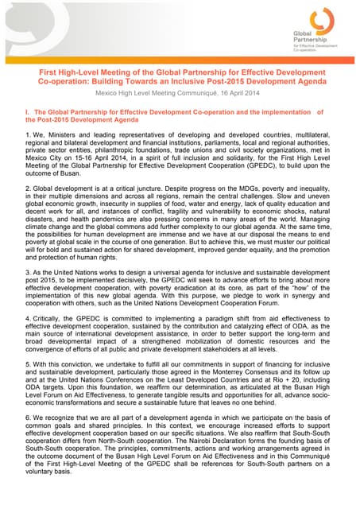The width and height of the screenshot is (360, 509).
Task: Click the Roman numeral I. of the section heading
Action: point(28,112)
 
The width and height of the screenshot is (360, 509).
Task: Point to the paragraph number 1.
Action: point(28,136)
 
